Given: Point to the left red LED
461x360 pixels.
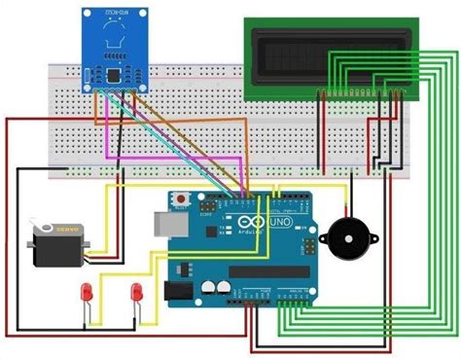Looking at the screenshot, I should point(88,291).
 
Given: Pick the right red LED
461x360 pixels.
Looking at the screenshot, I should point(137,291).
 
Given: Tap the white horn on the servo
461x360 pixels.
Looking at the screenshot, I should point(39,231).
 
